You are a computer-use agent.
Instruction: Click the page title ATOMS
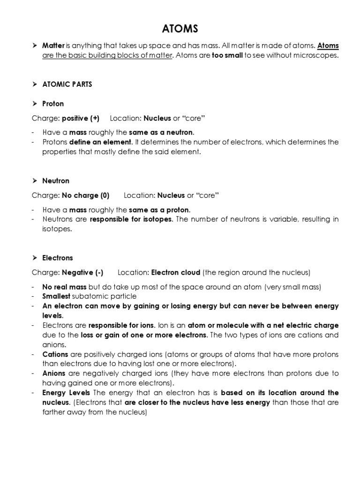(x=180, y=29)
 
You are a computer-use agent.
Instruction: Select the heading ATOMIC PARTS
(x=67, y=84)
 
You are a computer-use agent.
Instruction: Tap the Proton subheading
(x=53, y=104)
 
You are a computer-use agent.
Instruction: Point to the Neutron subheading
(x=56, y=180)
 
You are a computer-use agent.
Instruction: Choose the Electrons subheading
(x=58, y=257)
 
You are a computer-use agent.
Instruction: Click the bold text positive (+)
(x=78, y=118)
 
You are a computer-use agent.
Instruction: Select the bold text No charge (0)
(x=83, y=195)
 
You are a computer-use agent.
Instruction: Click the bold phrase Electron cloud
(x=176, y=272)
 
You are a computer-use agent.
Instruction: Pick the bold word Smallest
(x=56, y=296)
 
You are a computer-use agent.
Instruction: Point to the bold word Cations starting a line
(x=55, y=354)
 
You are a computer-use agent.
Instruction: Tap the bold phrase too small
(x=225, y=56)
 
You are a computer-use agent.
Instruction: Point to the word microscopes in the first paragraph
(x=315, y=56)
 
